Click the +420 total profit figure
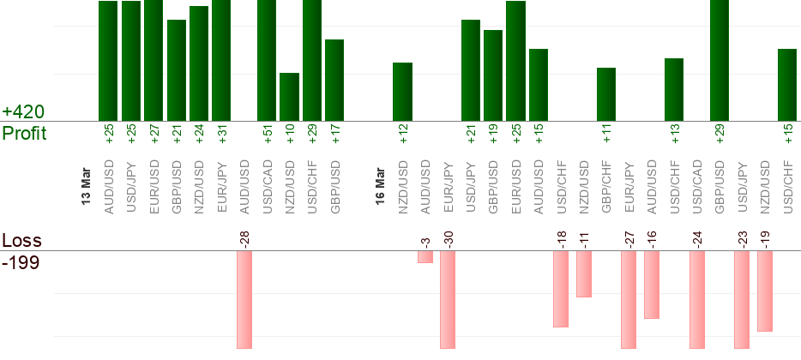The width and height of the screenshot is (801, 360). (22, 112)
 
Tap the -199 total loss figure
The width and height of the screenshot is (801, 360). (21, 261)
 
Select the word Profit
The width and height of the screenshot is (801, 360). (24, 134)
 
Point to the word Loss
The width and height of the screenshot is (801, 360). (21, 241)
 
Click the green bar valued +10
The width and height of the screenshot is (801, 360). (289, 97)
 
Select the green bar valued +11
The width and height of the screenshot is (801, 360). (606, 94)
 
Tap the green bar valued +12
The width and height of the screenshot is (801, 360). (402, 92)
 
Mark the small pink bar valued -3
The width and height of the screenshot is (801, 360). (425, 257)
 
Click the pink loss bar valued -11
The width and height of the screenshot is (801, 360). (584, 274)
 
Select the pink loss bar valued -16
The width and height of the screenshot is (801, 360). (652, 285)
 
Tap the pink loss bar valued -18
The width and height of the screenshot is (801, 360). (561, 289)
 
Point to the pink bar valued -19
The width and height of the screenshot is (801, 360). (765, 291)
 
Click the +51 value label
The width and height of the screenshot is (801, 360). (267, 134)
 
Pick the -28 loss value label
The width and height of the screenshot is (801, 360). (244, 237)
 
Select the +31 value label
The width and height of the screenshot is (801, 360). (221, 134)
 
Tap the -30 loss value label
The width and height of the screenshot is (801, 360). (448, 237)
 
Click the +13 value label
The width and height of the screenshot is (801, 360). (674, 134)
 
